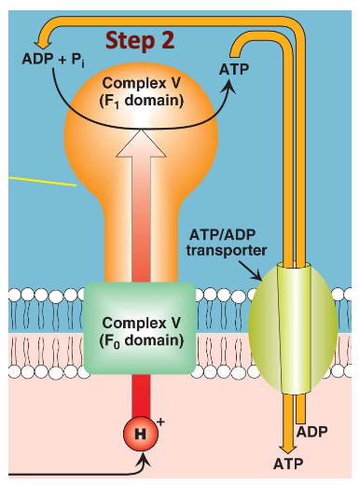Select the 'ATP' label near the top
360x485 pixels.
(x=235, y=69)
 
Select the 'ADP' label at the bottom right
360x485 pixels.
(x=312, y=432)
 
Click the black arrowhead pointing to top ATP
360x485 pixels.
(x=228, y=85)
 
